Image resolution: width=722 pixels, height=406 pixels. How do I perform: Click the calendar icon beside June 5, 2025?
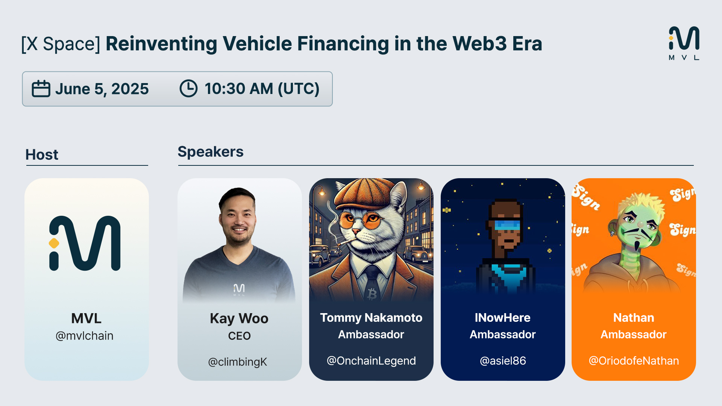click(41, 89)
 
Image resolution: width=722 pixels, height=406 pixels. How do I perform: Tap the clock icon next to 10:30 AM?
click(188, 88)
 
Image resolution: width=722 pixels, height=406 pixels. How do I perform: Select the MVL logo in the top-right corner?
click(684, 43)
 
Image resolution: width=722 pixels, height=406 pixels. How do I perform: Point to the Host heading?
click(42, 155)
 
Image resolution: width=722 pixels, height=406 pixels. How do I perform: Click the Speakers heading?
click(211, 152)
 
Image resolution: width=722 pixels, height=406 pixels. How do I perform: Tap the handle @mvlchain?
click(85, 336)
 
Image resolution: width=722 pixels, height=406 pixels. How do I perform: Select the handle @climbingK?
click(238, 362)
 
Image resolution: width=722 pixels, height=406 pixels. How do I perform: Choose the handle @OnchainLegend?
click(371, 361)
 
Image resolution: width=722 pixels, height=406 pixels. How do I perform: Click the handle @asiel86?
click(503, 361)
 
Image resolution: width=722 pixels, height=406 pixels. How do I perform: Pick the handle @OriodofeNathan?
click(634, 361)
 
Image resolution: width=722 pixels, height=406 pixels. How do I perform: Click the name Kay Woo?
click(239, 319)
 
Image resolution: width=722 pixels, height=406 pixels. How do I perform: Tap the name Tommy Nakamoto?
click(371, 318)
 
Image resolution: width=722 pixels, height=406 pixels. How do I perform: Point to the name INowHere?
click(502, 318)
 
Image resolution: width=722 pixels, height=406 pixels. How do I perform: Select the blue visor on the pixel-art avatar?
click(507, 225)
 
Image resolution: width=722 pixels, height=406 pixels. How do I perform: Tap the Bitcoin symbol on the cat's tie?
click(372, 294)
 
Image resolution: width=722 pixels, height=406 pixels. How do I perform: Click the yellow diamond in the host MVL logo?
click(54, 243)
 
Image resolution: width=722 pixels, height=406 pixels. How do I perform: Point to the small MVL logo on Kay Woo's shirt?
click(239, 289)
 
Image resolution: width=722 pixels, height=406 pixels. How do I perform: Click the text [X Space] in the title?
click(61, 44)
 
